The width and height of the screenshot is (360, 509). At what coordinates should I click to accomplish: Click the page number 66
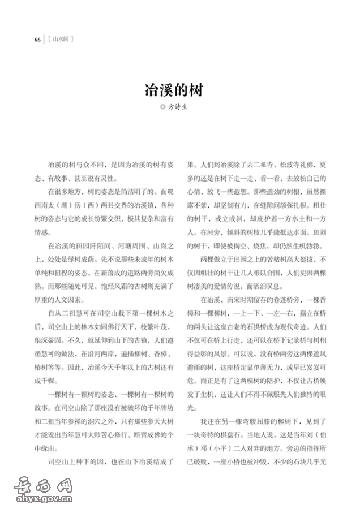click(x=37, y=40)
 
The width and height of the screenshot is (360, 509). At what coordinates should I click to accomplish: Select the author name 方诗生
click(x=183, y=106)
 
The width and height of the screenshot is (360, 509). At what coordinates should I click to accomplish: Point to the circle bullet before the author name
click(x=164, y=106)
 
